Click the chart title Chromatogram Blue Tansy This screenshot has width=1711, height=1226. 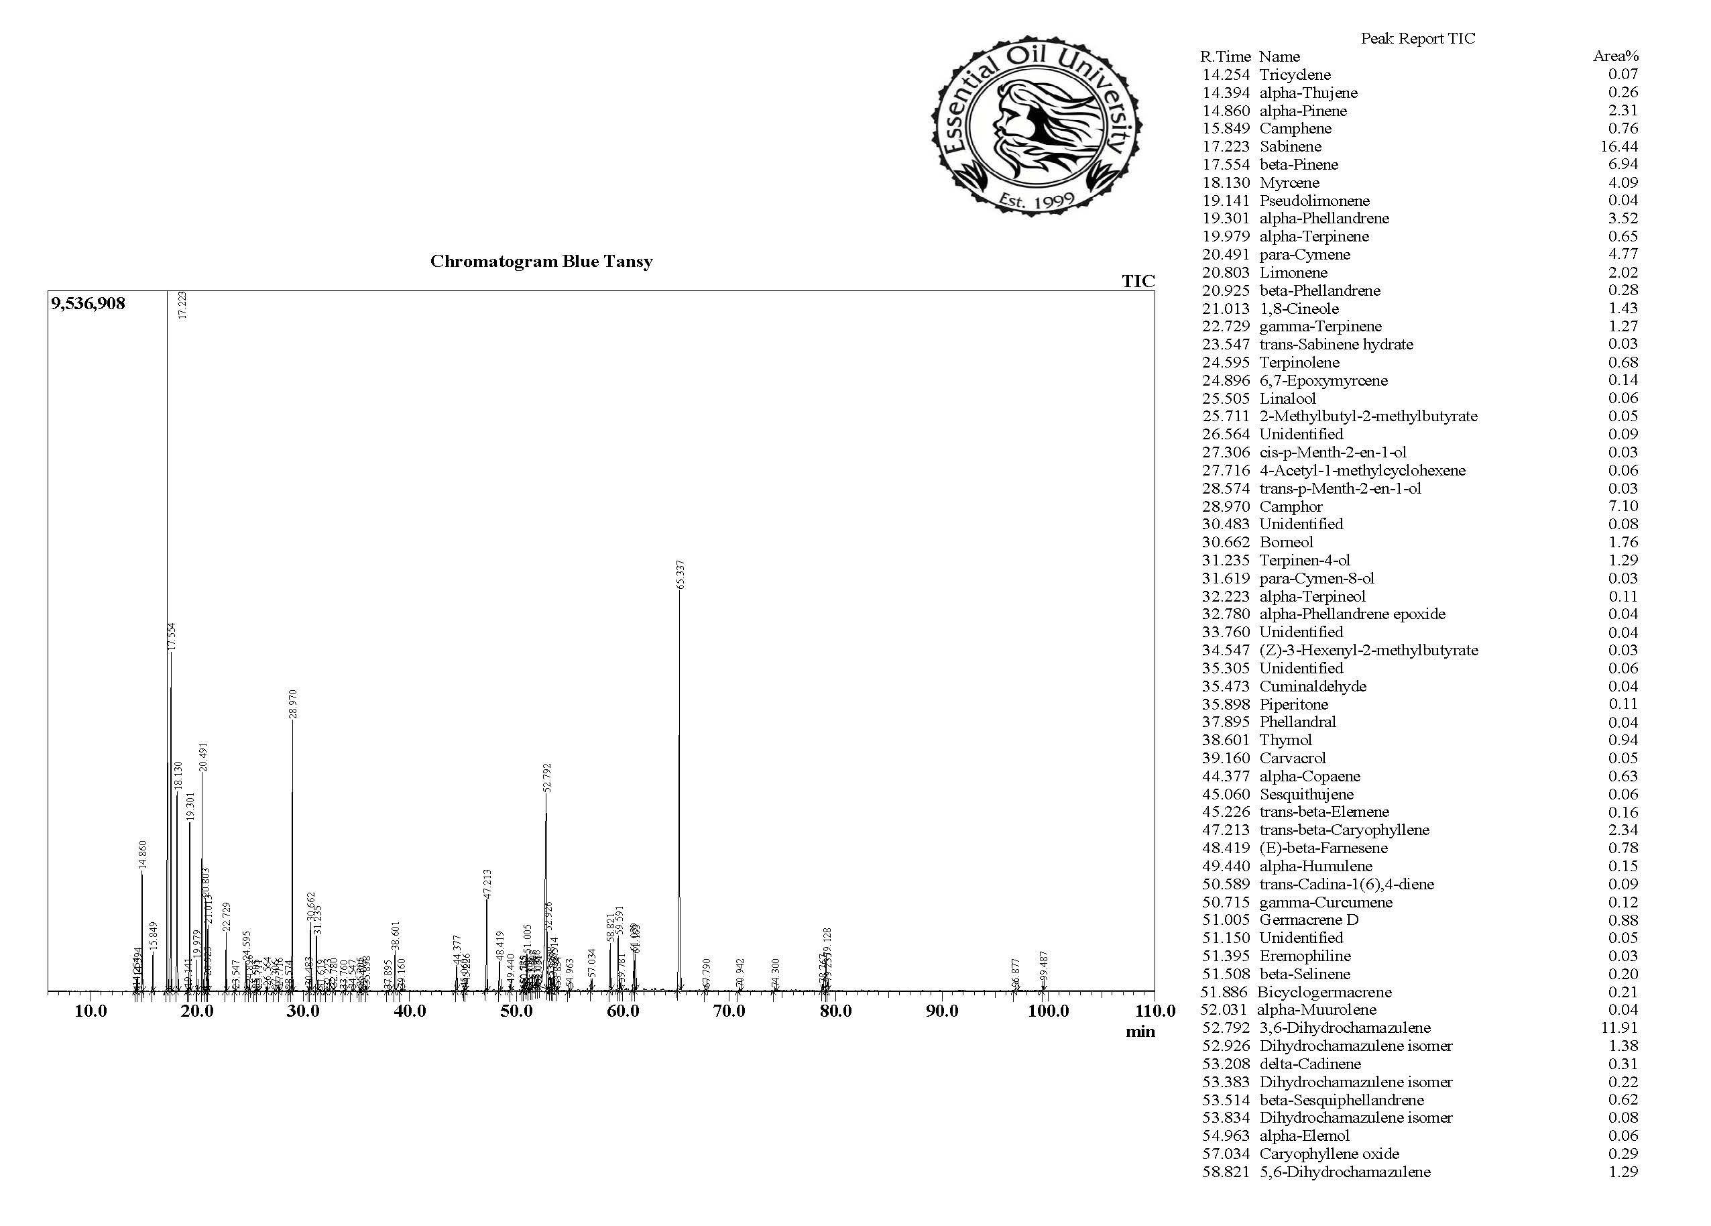coord(541,262)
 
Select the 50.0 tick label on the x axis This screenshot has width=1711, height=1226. coord(516,1011)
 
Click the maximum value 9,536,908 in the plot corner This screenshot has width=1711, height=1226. coord(88,304)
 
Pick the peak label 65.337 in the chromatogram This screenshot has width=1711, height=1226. coord(681,575)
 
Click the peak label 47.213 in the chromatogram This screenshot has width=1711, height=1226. coord(487,883)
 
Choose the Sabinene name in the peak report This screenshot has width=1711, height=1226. coord(1290,146)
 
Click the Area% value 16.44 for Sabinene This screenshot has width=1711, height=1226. coord(1622,146)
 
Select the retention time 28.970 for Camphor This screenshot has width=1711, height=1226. coord(1226,506)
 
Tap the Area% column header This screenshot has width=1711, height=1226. coord(1616,56)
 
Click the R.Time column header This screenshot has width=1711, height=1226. coord(1225,56)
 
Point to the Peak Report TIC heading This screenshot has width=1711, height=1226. coord(1417,38)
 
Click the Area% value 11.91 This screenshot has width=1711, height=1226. coord(1622,1027)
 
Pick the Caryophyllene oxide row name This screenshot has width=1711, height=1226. coord(1330,1154)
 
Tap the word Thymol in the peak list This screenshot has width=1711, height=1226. coord(1285,740)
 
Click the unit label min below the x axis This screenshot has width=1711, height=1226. coord(1140,1032)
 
